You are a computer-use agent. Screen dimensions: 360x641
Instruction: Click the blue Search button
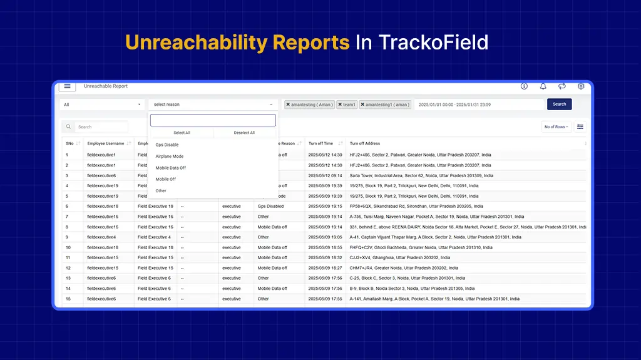pos(559,105)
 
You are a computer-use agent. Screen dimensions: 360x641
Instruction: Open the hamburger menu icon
pos(67,86)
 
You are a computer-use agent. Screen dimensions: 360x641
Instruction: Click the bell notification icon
pos(543,86)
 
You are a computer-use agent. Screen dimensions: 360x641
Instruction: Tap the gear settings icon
pos(581,86)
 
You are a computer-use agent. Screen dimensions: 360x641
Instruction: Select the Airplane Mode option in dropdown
pos(169,157)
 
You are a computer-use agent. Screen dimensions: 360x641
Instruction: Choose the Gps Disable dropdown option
pos(167,145)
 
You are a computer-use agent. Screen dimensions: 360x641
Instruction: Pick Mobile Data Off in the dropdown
pos(170,168)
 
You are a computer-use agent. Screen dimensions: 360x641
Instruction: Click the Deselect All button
pos(244,133)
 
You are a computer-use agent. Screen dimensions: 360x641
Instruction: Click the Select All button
pos(182,133)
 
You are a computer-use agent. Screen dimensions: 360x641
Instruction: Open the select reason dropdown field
pos(213,105)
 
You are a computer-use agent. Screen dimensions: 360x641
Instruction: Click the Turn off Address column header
pos(365,143)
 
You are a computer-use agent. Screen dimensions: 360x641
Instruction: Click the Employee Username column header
pos(106,143)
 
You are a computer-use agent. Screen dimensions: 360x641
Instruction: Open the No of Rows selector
pos(556,127)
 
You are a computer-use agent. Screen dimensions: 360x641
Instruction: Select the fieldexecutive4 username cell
pos(101,237)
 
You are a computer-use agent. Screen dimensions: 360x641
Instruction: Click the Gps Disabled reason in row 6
pos(270,206)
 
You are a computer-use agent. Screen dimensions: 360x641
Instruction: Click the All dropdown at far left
pos(102,105)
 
